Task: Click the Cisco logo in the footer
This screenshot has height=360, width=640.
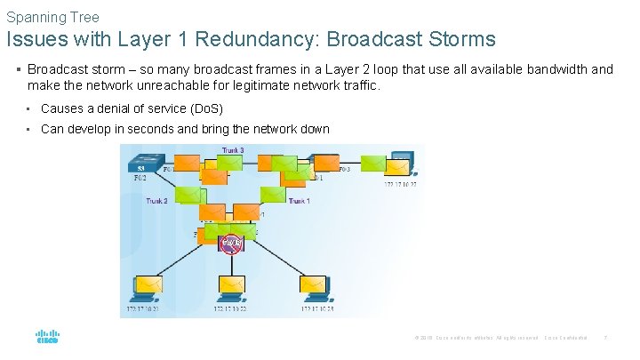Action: coord(47,338)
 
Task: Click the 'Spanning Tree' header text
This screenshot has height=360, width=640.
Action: coord(52,17)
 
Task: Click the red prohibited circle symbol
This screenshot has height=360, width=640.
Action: coord(231,242)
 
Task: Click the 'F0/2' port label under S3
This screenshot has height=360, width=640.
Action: coord(141,178)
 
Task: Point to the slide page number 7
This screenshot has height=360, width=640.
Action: coord(605,338)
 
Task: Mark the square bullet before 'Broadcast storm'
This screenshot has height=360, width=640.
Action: coord(19,69)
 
